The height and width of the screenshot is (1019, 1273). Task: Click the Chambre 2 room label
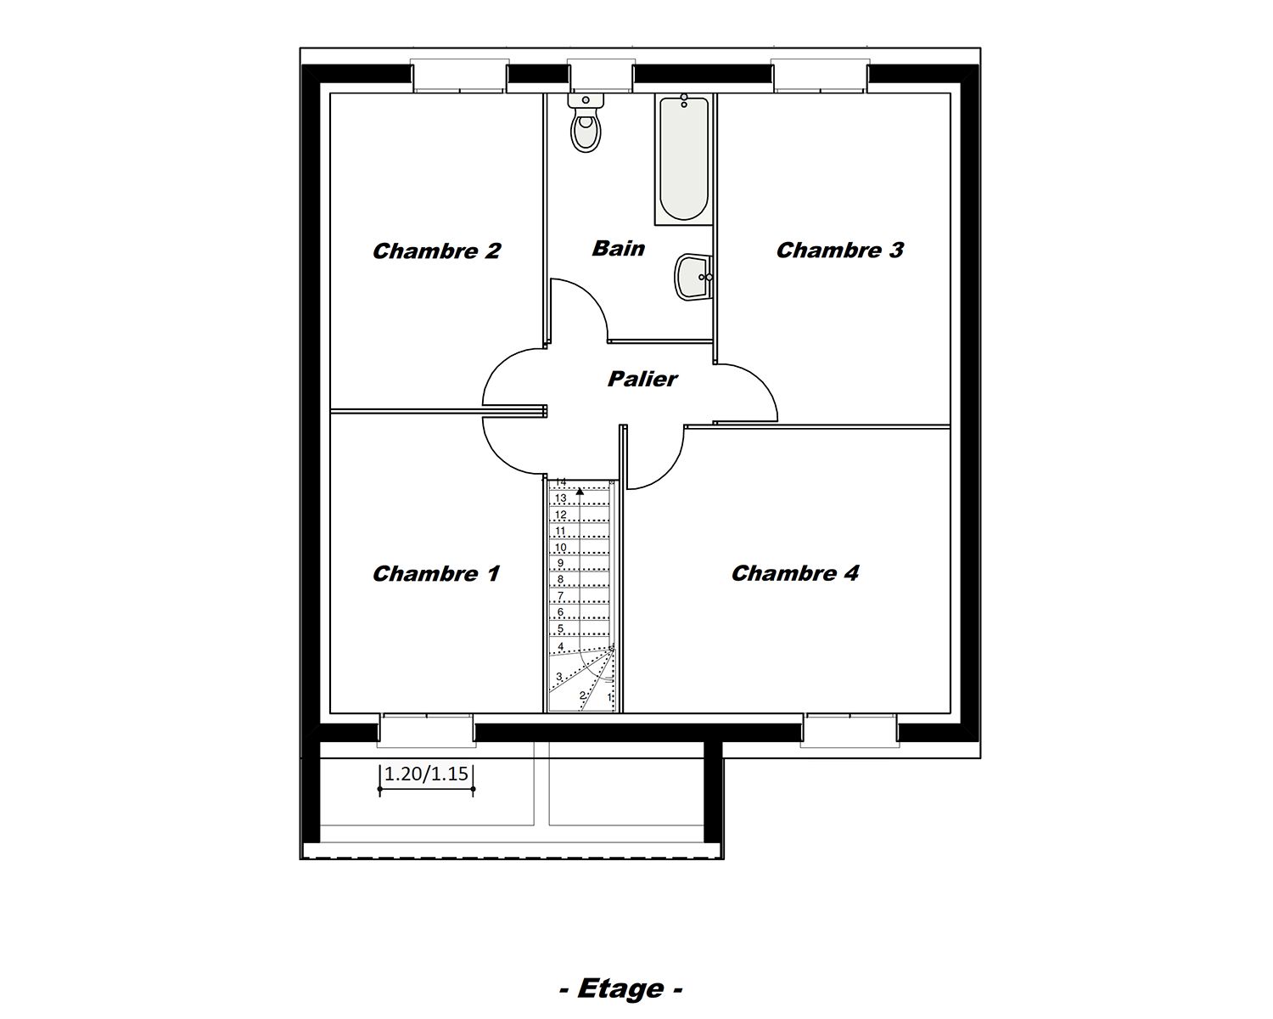pos(436,251)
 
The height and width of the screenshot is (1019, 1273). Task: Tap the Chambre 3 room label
pos(839,251)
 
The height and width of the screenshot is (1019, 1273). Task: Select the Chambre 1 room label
pos(436,574)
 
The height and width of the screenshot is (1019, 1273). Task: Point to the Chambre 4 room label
pos(795,574)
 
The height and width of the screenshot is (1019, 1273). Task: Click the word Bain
pos(618,249)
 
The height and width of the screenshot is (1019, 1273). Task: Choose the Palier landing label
pos(642,379)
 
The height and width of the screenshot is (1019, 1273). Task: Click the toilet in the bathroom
pos(586,124)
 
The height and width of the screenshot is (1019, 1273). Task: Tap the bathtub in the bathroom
pos(682,159)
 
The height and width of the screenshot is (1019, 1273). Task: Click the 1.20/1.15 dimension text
pos(426,774)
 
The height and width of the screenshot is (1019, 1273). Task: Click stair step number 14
pos(560,482)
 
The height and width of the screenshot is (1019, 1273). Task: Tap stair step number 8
pos(560,580)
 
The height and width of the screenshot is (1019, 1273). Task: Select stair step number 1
pos(609,697)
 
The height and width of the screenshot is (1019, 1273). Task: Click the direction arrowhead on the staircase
pos(580,490)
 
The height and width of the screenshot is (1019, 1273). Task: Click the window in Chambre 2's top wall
pos(459,76)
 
